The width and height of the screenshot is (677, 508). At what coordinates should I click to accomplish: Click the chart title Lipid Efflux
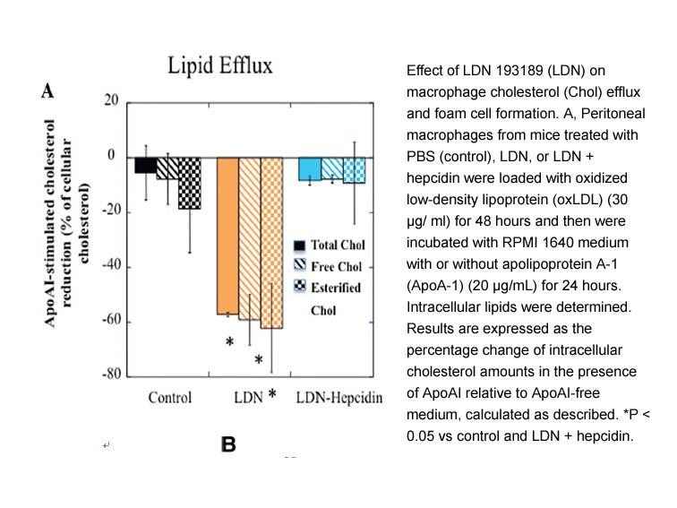coord(219,66)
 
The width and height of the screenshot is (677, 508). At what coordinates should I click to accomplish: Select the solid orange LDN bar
coord(227,236)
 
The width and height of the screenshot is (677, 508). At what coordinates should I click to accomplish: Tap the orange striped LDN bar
coord(250,238)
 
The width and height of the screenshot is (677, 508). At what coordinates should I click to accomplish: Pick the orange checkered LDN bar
coord(271,243)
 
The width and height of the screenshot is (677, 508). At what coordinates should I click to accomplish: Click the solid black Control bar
coord(145,166)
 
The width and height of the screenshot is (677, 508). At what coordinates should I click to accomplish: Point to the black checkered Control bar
coord(190,184)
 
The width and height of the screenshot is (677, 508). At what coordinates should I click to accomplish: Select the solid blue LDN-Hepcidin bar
coord(310,169)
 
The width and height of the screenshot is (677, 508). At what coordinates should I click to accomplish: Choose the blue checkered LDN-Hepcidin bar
coord(355,170)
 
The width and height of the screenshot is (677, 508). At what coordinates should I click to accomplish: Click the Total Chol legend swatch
coord(299,245)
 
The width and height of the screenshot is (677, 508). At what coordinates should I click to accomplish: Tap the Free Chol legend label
coord(337,266)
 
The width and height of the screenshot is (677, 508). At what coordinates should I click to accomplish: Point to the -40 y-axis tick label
coord(111,265)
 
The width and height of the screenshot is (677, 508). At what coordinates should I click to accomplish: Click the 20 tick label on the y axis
coord(111,100)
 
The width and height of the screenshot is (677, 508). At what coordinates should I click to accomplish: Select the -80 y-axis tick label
coord(111,374)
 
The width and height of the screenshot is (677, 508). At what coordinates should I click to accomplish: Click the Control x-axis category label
coord(169,398)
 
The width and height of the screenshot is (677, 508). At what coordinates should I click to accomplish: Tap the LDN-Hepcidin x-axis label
coord(339,398)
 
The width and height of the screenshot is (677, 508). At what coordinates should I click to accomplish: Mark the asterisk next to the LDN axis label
coord(272,393)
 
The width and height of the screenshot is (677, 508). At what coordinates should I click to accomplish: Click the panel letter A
coord(47,90)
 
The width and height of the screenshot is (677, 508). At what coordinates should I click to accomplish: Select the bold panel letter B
coord(228,444)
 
